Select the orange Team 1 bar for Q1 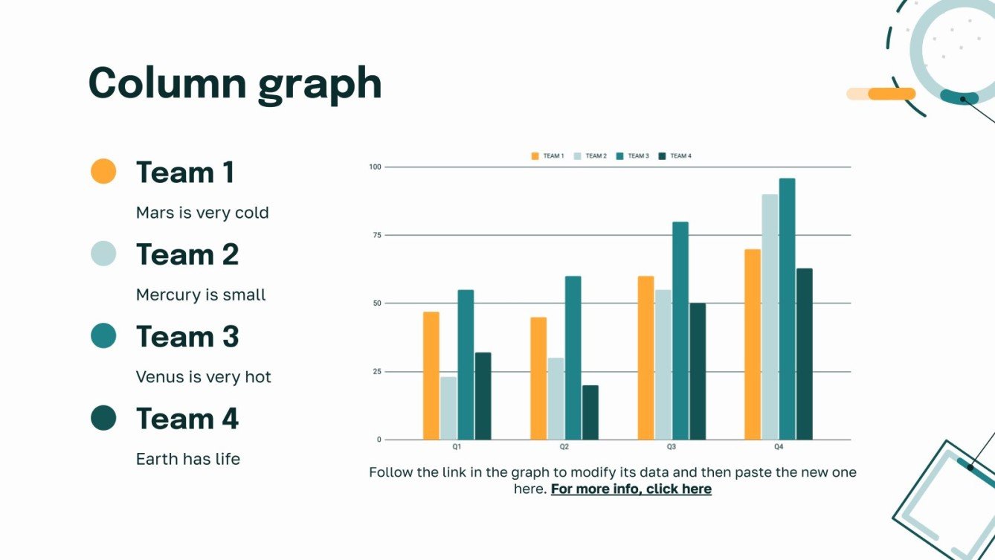pyautogui.click(x=431, y=376)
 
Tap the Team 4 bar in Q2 pyautogui.click(x=590, y=412)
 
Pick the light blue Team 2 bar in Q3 pyautogui.click(x=663, y=364)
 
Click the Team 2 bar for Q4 pyautogui.click(x=770, y=317)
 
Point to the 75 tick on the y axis pyautogui.click(x=376, y=235)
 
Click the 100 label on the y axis pyautogui.click(x=375, y=167)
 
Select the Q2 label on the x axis pyautogui.click(x=564, y=447)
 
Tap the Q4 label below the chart pyautogui.click(x=779, y=447)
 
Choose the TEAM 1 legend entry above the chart pyautogui.click(x=547, y=156)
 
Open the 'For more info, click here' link pyautogui.click(x=631, y=489)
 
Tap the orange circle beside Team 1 pyautogui.click(x=103, y=171)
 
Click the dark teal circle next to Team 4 pyautogui.click(x=103, y=418)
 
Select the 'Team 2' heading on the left pyautogui.click(x=187, y=254)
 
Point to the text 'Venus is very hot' pyautogui.click(x=204, y=377)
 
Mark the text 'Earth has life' pyautogui.click(x=188, y=459)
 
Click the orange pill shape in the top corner pyautogui.click(x=891, y=94)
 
